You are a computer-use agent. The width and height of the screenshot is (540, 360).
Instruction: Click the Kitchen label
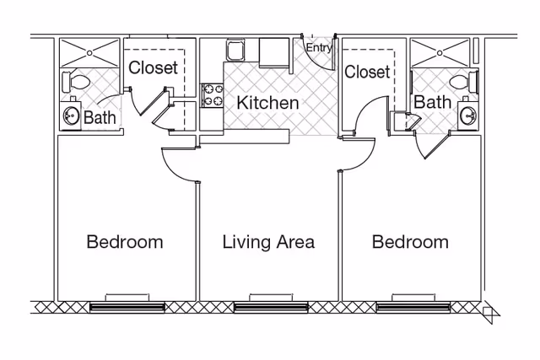pyautogui.click(x=267, y=104)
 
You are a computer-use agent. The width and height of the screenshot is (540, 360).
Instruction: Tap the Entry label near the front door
pyautogui.click(x=318, y=48)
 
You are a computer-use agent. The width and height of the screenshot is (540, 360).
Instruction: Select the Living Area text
pyautogui.click(x=268, y=242)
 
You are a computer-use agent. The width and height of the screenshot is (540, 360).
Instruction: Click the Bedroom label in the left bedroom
pyautogui.click(x=125, y=242)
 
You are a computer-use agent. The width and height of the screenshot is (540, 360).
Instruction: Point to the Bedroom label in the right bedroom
pyautogui.click(x=410, y=242)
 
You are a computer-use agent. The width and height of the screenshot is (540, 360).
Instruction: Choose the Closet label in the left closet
pyautogui.click(x=153, y=67)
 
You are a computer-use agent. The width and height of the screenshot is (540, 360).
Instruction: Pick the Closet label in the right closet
pyautogui.click(x=367, y=73)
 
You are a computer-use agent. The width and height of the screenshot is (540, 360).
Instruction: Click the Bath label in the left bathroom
pyautogui.click(x=100, y=117)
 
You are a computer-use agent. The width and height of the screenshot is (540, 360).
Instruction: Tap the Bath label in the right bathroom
pyautogui.click(x=432, y=102)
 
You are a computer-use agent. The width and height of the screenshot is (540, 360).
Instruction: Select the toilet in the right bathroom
pyautogui.click(x=463, y=83)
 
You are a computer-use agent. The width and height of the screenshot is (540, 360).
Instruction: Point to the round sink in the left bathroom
pyautogui.click(x=71, y=116)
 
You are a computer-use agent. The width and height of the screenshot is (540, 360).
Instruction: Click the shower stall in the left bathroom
pyautogui.click(x=89, y=52)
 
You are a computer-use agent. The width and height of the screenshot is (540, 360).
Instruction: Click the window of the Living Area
pyautogui.click(x=268, y=306)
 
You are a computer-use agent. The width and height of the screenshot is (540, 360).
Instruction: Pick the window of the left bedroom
pyautogui.click(x=127, y=306)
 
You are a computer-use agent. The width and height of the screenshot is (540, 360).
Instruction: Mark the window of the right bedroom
pyautogui.click(x=411, y=306)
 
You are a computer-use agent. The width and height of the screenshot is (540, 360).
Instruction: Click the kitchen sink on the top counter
pyautogui.click(x=235, y=52)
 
